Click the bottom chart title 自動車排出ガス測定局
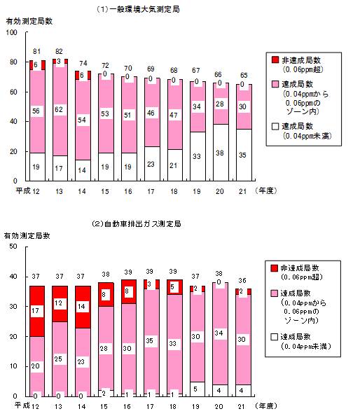pyautogui.click(x=143, y=224)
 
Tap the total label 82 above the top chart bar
pyautogui.click(x=59, y=51)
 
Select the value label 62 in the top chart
pyautogui.click(x=59, y=109)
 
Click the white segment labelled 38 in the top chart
pyautogui.click(x=221, y=153)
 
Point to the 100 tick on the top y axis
pyautogui.click(x=12, y=32)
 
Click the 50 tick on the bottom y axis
pyautogui.click(x=13, y=247)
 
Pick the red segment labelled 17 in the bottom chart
pyautogui.click(x=37, y=311)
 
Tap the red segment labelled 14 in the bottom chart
pyautogui.click(x=83, y=307)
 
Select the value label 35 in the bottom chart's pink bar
pyautogui.click(x=150, y=340)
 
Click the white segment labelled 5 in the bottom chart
pyautogui.click(x=197, y=389)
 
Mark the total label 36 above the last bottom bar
pyautogui.click(x=242, y=280)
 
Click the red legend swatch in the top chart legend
pyautogui.click(x=275, y=60)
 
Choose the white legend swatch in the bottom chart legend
pyautogui.click(x=274, y=337)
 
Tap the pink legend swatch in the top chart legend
pyautogui.click(x=275, y=84)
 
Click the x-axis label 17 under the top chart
pyautogui.click(x=151, y=191)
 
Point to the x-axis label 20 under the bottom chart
pyautogui.click(x=219, y=406)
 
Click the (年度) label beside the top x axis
pyautogui.click(x=266, y=190)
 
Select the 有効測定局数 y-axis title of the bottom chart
pyautogui.click(x=27, y=235)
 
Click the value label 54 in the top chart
pyautogui.click(x=82, y=120)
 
